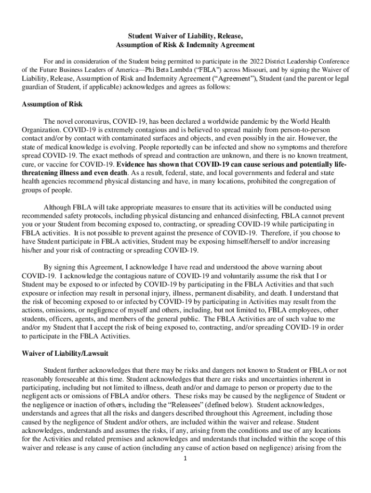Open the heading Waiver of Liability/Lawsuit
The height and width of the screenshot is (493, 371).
point(65,353)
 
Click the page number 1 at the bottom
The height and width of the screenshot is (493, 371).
point(185,458)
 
